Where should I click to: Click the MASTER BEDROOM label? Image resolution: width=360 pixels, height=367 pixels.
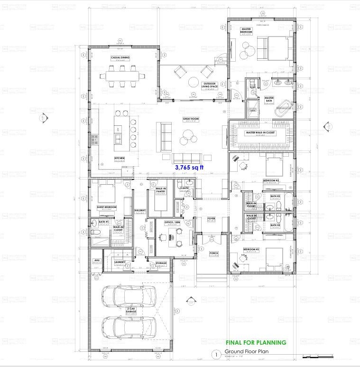[x=246, y=31]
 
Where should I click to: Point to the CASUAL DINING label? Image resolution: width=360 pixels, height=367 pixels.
[x=120, y=58]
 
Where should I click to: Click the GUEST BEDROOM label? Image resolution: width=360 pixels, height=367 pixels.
[x=107, y=207]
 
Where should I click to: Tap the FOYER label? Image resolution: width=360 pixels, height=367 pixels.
[x=212, y=219]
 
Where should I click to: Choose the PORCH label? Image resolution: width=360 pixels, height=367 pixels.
[x=213, y=254]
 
